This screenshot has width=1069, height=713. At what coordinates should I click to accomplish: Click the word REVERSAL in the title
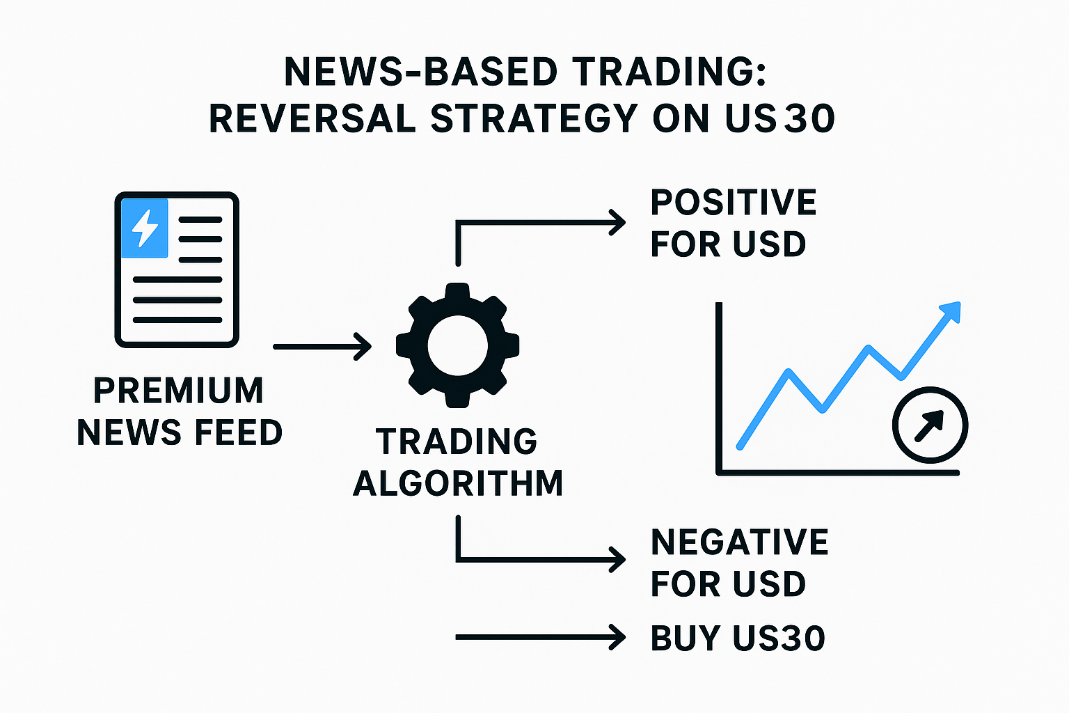click(312, 118)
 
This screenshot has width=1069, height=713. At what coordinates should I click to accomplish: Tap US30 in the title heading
click(779, 118)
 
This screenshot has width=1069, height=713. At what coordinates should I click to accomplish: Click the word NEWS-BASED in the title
click(420, 72)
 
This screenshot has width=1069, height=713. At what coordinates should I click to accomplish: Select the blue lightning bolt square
click(145, 228)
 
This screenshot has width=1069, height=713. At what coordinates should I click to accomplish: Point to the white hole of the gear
click(458, 346)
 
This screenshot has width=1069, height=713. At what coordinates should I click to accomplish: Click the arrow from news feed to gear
click(322, 346)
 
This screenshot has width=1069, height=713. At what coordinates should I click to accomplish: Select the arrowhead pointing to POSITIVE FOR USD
click(617, 223)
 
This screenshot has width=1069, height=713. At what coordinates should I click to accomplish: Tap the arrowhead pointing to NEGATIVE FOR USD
click(617, 559)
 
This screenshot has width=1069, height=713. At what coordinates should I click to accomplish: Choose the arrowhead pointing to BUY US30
click(617, 636)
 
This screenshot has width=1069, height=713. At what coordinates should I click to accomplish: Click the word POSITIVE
click(734, 203)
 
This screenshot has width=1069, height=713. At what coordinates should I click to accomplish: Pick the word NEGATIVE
click(740, 542)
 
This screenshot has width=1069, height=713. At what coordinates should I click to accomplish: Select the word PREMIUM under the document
click(178, 391)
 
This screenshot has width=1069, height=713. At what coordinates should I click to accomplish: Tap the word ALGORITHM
click(458, 483)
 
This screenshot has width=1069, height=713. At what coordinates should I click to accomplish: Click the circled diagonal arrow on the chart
click(930, 425)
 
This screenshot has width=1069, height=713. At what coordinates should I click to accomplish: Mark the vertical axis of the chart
click(719, 388)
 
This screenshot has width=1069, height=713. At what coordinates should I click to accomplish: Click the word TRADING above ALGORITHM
click(457, 441)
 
